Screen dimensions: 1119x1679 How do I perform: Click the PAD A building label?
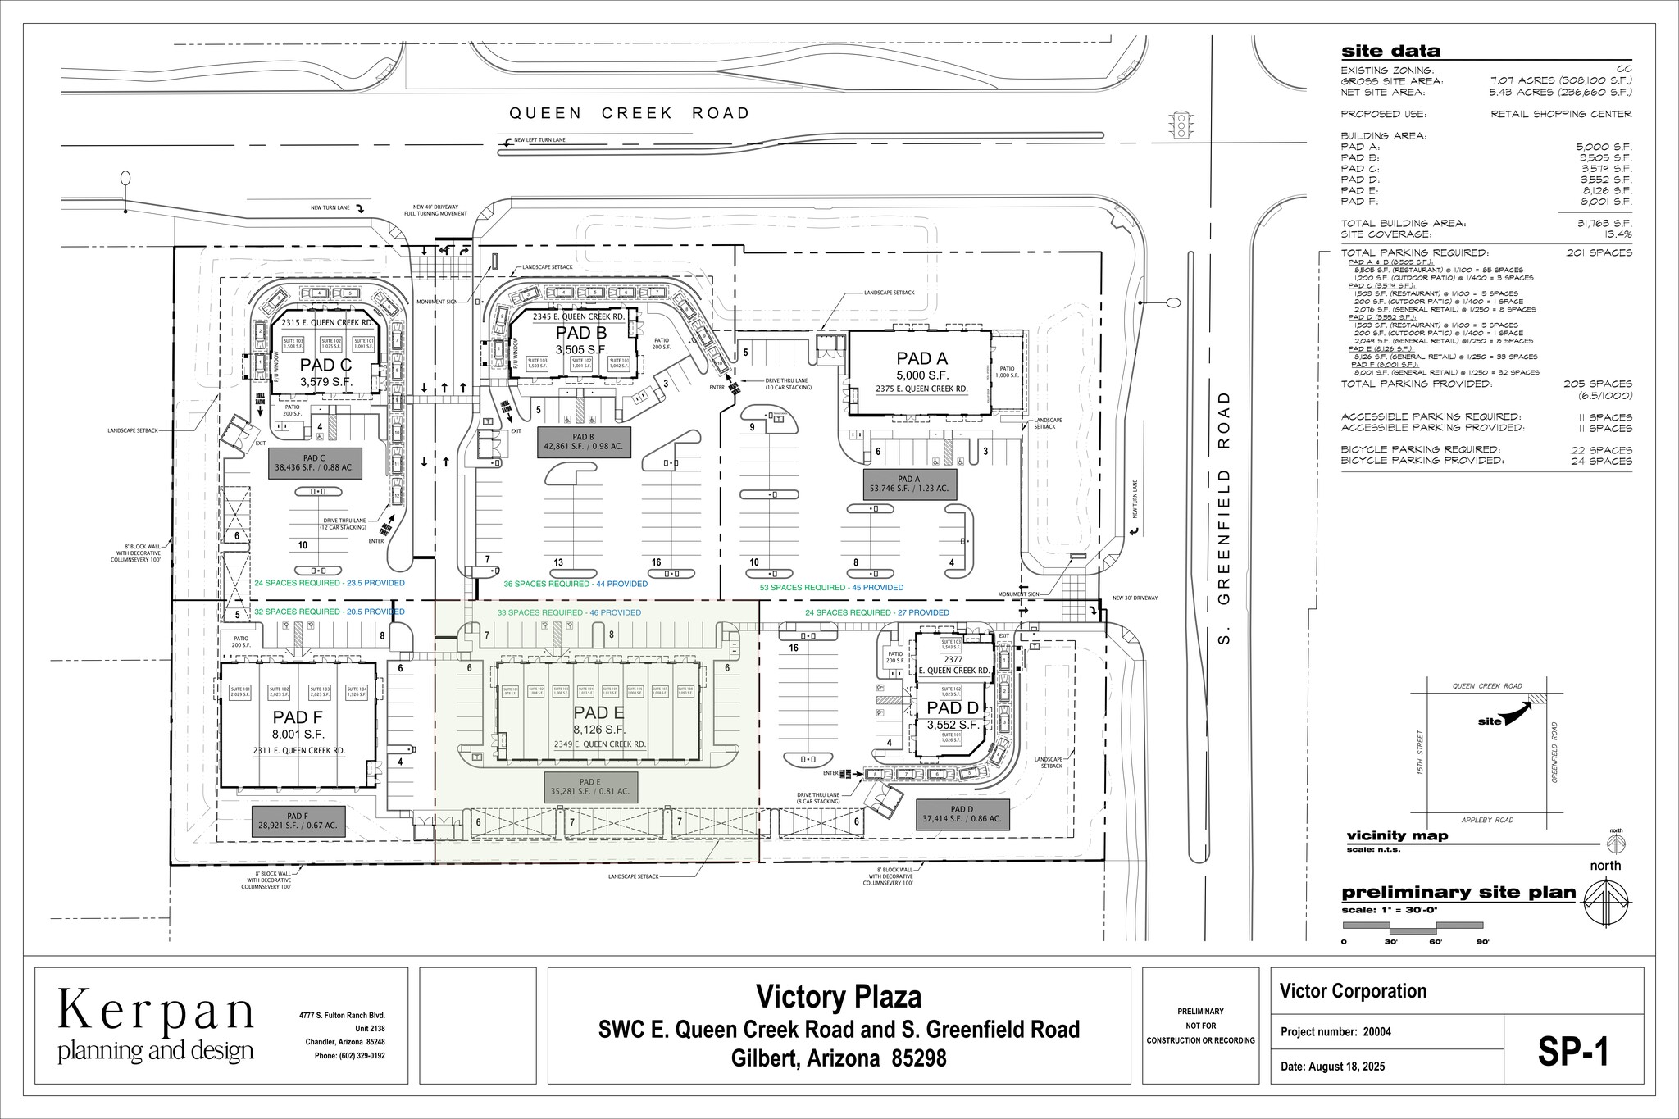(x=921, y=358)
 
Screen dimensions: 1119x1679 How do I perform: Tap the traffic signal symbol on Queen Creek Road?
(x=1181, y=125)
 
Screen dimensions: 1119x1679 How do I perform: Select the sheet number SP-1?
(x=1572, y=1053)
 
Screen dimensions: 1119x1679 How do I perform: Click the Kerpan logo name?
(x=156, y=1012)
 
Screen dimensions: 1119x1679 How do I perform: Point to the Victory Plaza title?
(x=838, y=997)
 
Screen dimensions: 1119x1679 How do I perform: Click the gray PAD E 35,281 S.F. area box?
(x=590, y=787)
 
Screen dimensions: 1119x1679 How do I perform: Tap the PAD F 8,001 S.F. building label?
(x=298, y=719)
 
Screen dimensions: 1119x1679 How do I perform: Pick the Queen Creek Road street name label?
(x=629, y=113)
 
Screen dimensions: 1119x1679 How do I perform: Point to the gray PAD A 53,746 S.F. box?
(x=908, y=484)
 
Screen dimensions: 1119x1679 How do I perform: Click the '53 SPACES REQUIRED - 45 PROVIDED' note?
(x=831, y=587)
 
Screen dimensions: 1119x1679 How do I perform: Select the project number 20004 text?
(x=1335, y=1032)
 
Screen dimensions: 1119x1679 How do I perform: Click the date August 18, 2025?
(x=1332, y=1067)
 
